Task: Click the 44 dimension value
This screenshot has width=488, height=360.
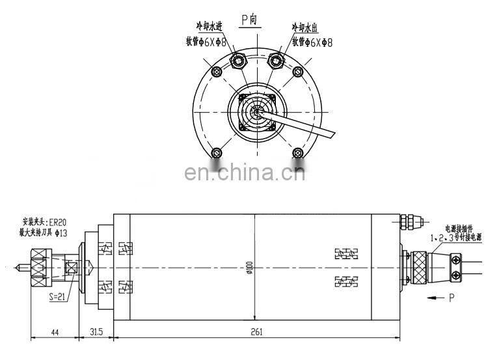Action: point(54,332)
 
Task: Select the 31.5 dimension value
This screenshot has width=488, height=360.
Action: point(96,332)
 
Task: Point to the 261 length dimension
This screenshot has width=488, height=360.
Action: point(256,332)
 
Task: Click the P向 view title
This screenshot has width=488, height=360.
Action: point(250,20)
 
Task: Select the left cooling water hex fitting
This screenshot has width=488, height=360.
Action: point(238,62)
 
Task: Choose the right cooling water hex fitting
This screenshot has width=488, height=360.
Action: point(276,62)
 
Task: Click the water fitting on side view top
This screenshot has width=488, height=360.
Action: point(409,222)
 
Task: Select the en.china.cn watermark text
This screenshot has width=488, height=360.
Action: point(245,173)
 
